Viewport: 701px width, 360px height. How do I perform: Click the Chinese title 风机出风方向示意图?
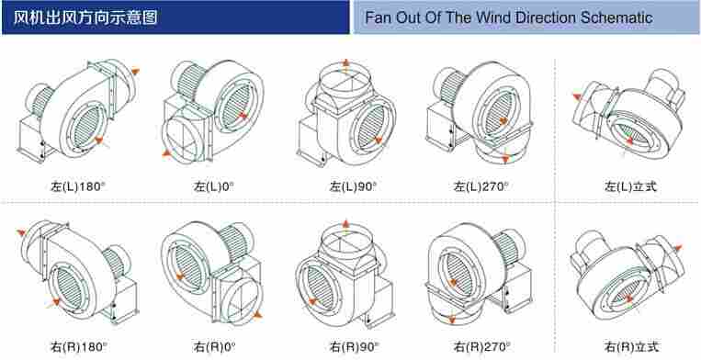tap(85, 17)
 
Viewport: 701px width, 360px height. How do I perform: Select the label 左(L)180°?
tap(78, 186)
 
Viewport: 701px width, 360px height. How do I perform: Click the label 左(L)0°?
tap(214, 186)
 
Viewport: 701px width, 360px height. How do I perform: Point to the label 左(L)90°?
tap(353, 186)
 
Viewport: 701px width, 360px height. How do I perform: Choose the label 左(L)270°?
tap(481, 186)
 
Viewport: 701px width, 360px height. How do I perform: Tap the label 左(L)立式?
tap(631, 186)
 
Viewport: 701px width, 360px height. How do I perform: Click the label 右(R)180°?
tap(79, 346)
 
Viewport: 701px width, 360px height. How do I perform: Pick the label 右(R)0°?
tap(215, 346)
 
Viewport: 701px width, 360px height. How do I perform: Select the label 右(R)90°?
tap(354, 346)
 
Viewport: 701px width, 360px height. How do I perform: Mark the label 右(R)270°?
tap(482, 346)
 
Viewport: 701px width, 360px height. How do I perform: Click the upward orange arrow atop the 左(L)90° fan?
tap(345, 65)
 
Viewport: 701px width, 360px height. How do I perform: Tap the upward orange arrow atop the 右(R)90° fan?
tap(345, 226)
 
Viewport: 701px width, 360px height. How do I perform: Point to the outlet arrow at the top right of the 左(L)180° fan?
tap(134, 71)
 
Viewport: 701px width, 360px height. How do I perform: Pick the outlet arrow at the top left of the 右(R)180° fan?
tap(21, 232)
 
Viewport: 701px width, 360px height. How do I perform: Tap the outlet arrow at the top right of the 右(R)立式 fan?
tap(678, 248)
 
